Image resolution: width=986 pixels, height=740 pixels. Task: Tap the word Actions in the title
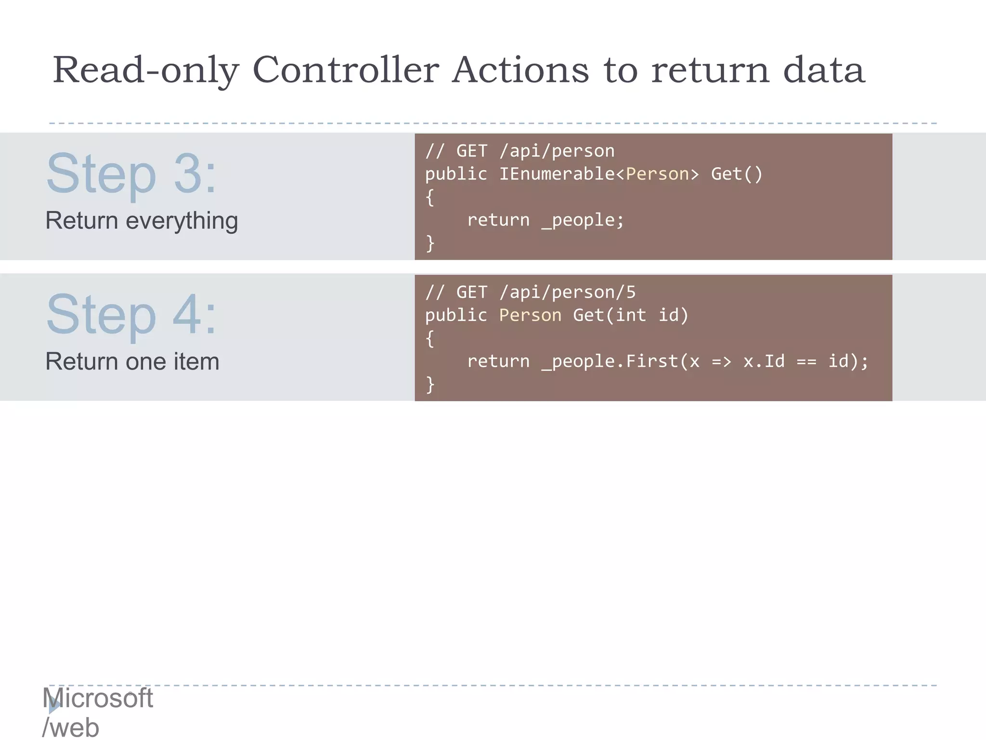coord(520,70)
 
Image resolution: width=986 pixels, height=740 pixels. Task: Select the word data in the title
coord(824,70)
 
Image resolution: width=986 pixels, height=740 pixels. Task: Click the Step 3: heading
coord(131,174)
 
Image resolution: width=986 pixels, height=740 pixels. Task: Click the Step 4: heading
coord(131,315)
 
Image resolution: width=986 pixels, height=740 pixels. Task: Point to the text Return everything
coord(142,221)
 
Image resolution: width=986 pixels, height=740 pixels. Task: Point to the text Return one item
coord(132,361)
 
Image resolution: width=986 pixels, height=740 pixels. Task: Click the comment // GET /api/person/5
coord(530,292)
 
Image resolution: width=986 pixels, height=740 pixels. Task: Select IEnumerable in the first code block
coord(557,174)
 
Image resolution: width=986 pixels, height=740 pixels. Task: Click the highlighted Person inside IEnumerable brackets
coord(657,174)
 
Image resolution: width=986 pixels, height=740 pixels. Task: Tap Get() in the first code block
coord(737,174)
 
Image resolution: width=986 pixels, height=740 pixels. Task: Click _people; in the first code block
coord(583,220)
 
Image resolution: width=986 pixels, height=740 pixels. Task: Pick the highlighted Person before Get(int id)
coord(530,315)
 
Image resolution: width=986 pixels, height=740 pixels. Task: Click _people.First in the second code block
coord(609,361)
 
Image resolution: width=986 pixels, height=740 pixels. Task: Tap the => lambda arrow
coord(721,361)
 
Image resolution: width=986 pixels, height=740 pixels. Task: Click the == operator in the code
coord(806,361)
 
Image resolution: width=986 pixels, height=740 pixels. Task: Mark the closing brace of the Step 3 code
coord(430,243)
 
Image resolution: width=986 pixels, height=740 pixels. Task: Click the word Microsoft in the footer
coord(98,698)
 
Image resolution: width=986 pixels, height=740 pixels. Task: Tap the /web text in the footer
coord(71,727)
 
